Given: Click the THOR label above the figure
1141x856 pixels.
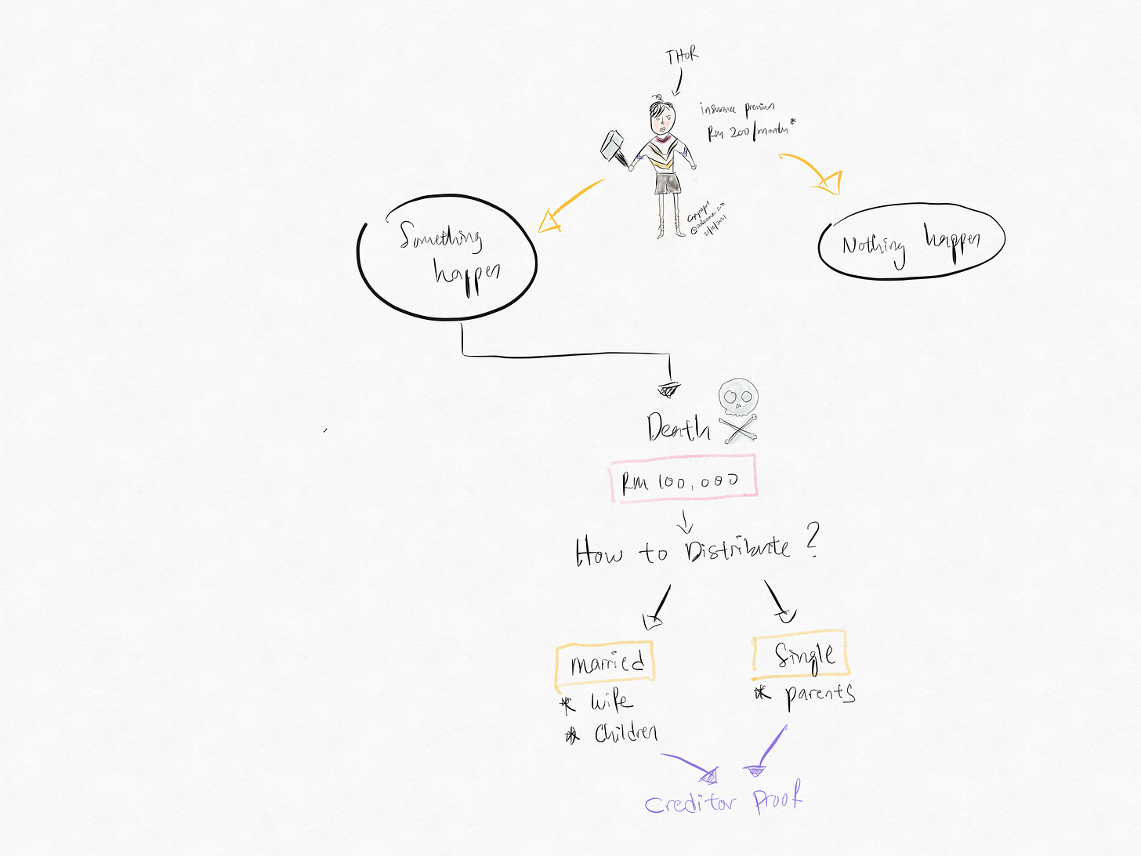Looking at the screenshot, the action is coord(682,56).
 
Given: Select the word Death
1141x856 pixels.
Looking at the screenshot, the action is coord(678,429).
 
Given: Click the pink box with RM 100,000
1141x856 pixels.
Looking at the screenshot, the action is coord(683,477).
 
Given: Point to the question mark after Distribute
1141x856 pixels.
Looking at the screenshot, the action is coord(812,540).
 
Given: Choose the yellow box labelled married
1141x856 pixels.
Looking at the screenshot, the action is coord(606,663).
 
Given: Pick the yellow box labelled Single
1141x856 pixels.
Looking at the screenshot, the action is coord(801,655).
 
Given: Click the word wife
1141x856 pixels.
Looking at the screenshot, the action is coord(611,702).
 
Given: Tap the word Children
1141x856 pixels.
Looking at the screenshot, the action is coord(625,734).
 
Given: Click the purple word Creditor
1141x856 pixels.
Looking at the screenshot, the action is coord(690,803).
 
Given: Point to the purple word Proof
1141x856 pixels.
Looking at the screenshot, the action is coord(778,799).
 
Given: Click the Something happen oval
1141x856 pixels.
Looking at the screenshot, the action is coord(447,256).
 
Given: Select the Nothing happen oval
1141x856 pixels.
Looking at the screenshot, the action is coord(911,242).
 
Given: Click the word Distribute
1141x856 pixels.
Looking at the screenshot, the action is coord(737,548).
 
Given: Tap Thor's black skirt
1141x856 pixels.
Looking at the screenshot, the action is coord(667,183).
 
